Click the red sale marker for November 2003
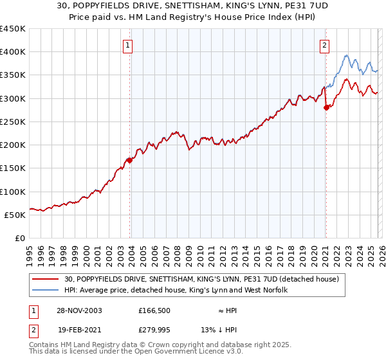pos(130,161)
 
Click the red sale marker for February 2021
pos(326,107)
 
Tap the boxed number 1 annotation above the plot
pos(129,45)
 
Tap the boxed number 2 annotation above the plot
pos(325,45)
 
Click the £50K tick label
pos(15,215)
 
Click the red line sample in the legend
pos(46,279)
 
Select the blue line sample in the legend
pos(46,291)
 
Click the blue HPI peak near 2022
pos(346,55)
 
